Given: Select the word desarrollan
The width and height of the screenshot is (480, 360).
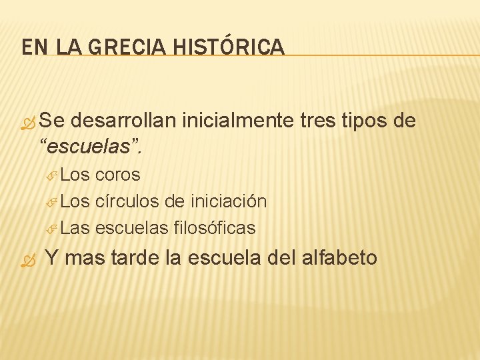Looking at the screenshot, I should coord(123,121).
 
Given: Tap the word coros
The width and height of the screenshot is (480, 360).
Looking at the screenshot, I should coord(118,175).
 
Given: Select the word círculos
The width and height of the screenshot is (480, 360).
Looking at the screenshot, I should coord(126,201).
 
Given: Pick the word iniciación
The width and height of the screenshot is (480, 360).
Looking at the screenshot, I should coord(229,201).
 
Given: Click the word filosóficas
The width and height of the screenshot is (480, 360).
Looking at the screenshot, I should coord(214,228).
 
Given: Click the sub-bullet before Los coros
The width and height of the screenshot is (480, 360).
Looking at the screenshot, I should coord(52,175).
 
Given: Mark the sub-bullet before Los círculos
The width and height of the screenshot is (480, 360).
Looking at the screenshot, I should coord(52,201).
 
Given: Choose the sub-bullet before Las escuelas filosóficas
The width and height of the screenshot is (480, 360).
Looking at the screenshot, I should coord(52,229).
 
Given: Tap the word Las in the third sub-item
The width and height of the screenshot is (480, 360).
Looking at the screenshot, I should coord(75,228).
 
